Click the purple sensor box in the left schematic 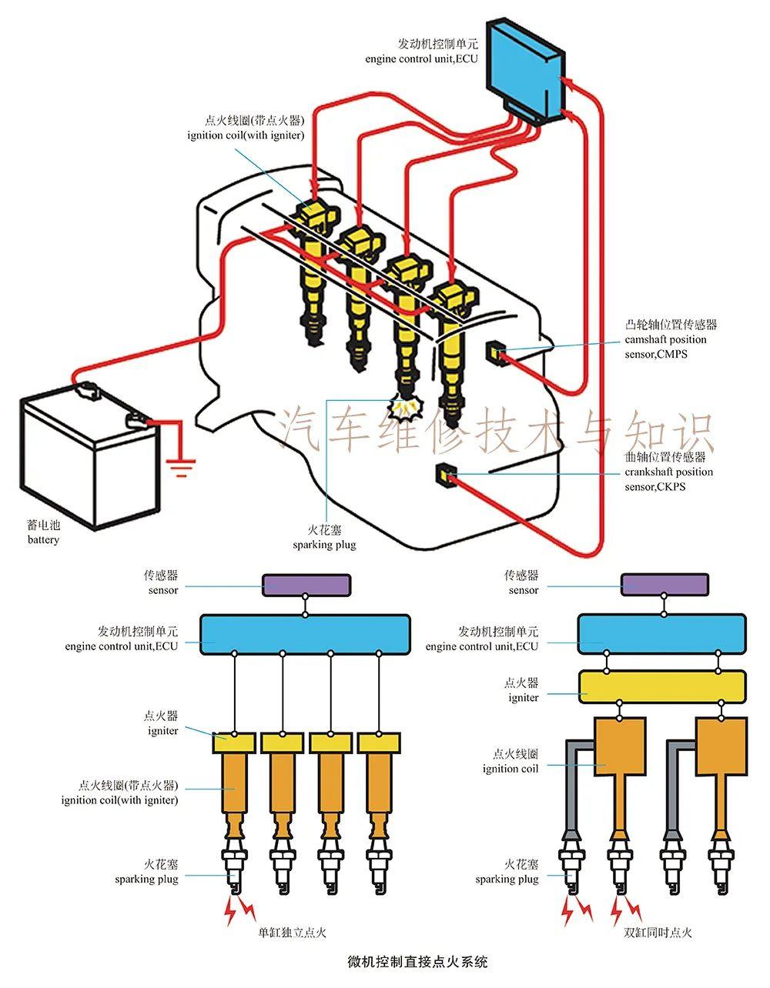coord(306,585)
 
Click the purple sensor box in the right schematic coord(665,585)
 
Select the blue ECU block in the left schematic coord(306,633)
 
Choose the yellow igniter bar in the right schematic coord(662,686)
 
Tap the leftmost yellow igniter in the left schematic coord(234,743)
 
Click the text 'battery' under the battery coord(43,540)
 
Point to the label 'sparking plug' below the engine coord(324,545)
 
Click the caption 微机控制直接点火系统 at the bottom coord(417,961)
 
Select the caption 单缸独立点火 coord(292,933)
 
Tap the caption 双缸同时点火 coord(658,933)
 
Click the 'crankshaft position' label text coord(668,472)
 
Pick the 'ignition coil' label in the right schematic coord(511,769)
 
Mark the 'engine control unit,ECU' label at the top coord(421,58)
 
